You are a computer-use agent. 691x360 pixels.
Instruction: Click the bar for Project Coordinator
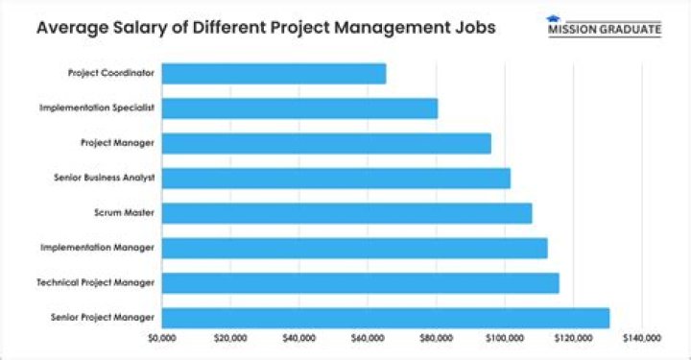tap(274, 73)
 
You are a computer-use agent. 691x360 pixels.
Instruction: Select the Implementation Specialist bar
tap(299, 108)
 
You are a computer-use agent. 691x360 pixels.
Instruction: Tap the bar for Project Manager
tap(326, 143)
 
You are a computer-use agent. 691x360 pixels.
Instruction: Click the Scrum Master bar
tap(346, 213)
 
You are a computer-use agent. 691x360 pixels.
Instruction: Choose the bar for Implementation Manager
tap(354, 248)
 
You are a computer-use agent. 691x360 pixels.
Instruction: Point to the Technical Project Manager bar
tap(360, 282)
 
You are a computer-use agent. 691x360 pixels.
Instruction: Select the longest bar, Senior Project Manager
tap(385, 318)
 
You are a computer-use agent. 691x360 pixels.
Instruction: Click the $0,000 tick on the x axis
tap(162, 338)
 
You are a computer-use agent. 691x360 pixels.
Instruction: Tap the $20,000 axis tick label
tap(231, 338)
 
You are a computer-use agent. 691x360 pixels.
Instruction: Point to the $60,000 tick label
tap(369, 338)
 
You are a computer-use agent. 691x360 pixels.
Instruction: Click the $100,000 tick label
tap(505, 338)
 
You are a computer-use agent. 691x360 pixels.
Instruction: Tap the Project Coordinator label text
tap(112, 73)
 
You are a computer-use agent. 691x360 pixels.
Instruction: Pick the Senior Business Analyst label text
tap(105, 178)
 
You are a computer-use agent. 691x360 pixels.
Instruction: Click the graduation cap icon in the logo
tap(553, 18)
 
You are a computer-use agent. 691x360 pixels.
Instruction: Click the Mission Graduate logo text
tap(605, 29)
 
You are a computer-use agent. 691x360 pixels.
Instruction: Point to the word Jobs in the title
tap(474, 27)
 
